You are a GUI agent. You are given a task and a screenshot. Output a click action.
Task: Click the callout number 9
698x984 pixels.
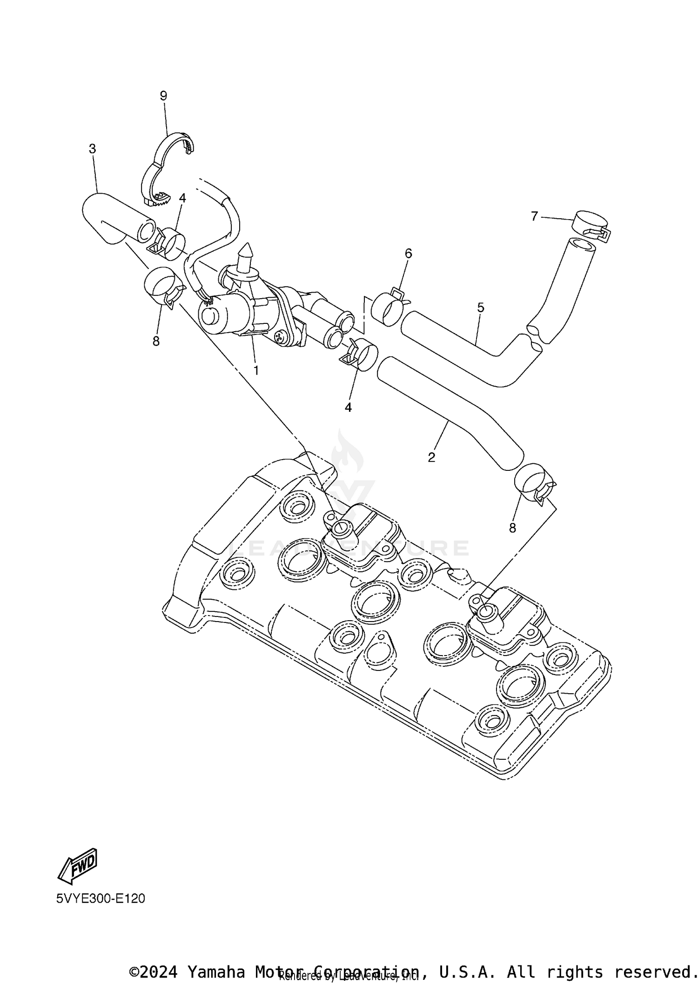pos(163,96)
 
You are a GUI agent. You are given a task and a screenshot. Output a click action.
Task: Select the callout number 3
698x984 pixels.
pos(93,149)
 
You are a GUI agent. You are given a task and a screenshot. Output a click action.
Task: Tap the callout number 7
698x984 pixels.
pos(534,216)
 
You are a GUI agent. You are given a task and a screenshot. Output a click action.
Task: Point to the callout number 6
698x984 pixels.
pos(408,254)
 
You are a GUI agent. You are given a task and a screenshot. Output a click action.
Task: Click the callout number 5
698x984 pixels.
pos(481,308)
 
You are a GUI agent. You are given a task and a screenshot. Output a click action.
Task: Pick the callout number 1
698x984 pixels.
pos(255,370)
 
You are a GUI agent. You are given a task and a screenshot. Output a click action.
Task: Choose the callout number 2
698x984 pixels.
pos(431,457)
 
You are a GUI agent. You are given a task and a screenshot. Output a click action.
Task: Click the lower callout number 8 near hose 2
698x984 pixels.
pos(512,528)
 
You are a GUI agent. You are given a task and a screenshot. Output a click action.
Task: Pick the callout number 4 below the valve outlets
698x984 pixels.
pos(348,407)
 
